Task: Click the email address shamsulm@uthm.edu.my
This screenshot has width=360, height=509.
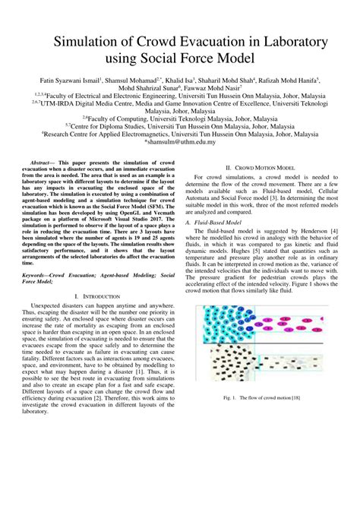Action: [180, 141]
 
